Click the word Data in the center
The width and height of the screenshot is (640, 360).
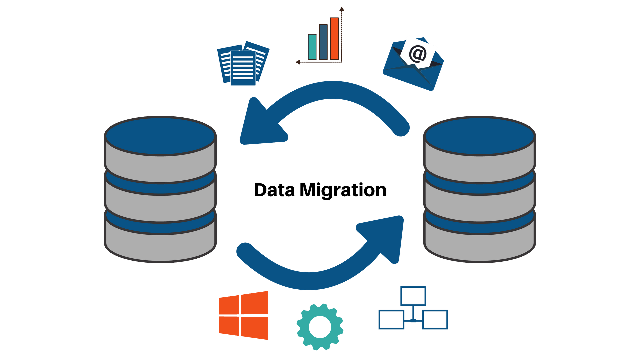(274, 190)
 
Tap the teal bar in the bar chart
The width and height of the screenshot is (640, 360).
(312, 47)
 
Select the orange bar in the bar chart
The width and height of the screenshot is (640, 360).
(334, 39)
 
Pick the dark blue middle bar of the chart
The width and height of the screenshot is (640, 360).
(323, 42)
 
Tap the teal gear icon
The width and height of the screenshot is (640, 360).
(320, 327)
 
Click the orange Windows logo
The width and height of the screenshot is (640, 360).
(244, 315)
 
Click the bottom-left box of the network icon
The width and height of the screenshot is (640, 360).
(391, 319)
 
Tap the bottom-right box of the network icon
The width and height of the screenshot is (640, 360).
(435, 319)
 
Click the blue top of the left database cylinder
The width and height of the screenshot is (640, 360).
(161, 136)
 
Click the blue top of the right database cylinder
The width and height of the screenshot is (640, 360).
(479, 136)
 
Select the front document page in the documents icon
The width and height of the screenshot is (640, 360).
(243, 69)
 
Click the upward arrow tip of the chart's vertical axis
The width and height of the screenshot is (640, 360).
(342, 8)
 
